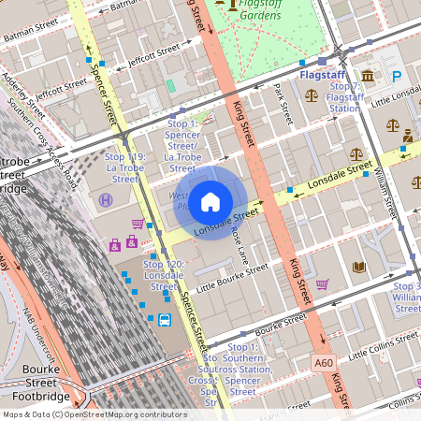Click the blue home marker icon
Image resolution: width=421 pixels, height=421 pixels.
210,201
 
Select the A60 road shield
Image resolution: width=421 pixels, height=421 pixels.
324,361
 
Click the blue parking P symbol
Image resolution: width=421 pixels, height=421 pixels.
396,77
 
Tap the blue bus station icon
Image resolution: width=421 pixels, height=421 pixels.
165,320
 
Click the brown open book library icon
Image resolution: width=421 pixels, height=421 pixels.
359,267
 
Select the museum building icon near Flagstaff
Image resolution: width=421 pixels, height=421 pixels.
368,76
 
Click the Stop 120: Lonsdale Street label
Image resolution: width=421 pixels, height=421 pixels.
163,270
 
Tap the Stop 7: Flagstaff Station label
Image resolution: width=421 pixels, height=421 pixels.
345,97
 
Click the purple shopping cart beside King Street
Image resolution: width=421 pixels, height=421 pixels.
322,284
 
